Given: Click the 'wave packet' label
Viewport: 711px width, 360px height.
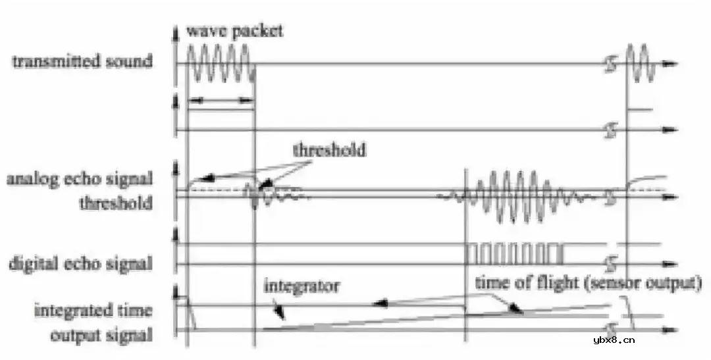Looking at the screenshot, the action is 234,31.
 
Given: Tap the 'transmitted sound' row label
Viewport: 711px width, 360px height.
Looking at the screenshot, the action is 82,61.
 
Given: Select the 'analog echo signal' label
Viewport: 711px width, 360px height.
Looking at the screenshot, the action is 80,179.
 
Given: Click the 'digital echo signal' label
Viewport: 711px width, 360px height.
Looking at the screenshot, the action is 80,263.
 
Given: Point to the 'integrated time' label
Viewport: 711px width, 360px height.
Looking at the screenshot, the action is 93,311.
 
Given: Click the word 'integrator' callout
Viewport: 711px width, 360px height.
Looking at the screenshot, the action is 301,286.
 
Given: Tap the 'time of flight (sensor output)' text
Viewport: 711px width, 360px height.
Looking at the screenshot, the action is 588,284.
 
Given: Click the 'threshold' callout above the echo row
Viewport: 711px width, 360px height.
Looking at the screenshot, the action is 329,149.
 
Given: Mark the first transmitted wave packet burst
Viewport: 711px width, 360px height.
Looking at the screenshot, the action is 219,63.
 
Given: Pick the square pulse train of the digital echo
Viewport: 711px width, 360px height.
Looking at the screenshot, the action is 515,253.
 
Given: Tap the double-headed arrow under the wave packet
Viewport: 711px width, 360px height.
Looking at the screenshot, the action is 221,100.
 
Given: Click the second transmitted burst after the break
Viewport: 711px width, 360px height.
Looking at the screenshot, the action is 641,63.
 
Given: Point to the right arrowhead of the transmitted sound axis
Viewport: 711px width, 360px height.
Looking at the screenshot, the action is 671,63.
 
